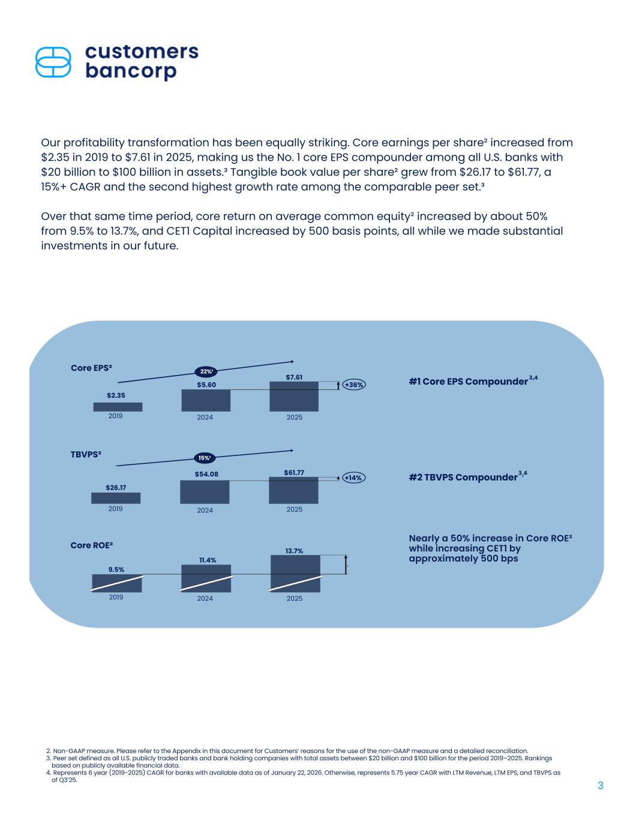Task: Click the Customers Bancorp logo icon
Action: (53, 62)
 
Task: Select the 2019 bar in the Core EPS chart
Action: (118, 407)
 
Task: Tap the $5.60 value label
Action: (206, 385)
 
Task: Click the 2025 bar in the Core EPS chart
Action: (294, 397)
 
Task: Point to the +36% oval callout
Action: (354, 385)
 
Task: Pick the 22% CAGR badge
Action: (206, 371)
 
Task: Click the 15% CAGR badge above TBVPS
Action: (205, 458)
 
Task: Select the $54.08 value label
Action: (206, 474)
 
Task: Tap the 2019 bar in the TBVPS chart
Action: (116, 498)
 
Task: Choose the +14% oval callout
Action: (353, 478)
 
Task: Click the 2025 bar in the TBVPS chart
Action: (293, 490)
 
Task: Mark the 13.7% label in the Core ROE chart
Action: (294, 550)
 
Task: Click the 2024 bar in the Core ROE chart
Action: (206, 578)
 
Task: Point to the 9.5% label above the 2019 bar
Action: (116, 569)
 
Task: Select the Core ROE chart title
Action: (92, 545)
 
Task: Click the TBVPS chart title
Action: (86, 454)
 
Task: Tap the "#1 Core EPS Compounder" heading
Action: (468, 382)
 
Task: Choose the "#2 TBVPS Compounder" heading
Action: (463, 477)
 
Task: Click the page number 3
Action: (600, 786)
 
